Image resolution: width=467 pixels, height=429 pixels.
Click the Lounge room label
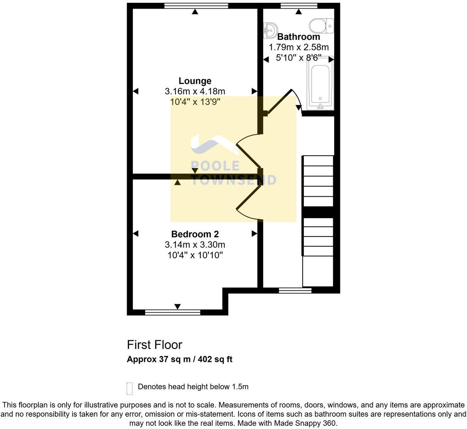(195, 81)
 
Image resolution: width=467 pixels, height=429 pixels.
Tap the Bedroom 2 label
(195, 234)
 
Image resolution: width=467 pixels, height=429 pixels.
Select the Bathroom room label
(299, 37)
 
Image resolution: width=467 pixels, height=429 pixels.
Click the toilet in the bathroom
(321, 26)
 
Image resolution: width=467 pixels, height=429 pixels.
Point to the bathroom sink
(270, 30)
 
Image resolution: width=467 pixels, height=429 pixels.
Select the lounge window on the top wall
(196, 6)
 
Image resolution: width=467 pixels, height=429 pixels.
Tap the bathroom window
(299, 6)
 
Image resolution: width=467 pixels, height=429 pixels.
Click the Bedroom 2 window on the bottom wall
(173, 312)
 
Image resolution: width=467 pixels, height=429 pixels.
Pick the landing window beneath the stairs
(295, 291)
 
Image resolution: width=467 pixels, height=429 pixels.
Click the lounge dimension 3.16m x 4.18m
(195, 91)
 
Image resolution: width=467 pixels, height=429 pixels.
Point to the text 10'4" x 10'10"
(195, 255)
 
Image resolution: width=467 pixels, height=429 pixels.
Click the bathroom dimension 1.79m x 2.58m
(299, 47)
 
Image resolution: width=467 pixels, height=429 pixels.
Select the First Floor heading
(154, 345)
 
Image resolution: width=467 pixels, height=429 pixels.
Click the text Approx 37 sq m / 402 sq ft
(179, 359)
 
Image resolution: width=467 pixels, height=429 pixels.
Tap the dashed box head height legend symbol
(129, 388)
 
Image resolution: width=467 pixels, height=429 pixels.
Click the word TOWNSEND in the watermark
(233, 180)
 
